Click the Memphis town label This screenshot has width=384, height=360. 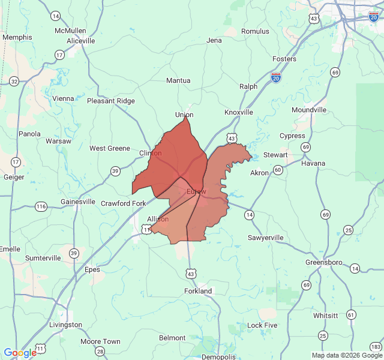(x=17, y=37)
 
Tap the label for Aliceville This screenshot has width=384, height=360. (x=81, y=41)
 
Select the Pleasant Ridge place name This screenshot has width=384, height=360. (x=111, y=101)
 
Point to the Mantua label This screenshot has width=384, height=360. (x=178, y=80)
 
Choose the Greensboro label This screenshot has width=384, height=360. (x=324, y=263)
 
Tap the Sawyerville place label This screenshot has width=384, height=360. (x=266, y=238)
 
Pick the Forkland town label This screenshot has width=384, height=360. (x=198, y=291)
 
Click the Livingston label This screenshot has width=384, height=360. (x=65, y=325)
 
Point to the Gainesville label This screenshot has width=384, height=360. (x=78, y=202)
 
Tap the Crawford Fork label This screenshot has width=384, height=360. (x=123, y=203)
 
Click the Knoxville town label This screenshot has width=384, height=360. (x=239, y=112)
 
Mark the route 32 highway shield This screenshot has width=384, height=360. (x=14, y=81)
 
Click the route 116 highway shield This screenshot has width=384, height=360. (x=41, y=206)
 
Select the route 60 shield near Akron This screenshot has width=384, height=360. (x=278, y=170)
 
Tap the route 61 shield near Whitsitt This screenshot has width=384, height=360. (x=351, y=315)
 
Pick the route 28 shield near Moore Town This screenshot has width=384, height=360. (x=100, y=352)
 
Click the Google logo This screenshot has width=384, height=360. (x=20, y=353)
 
